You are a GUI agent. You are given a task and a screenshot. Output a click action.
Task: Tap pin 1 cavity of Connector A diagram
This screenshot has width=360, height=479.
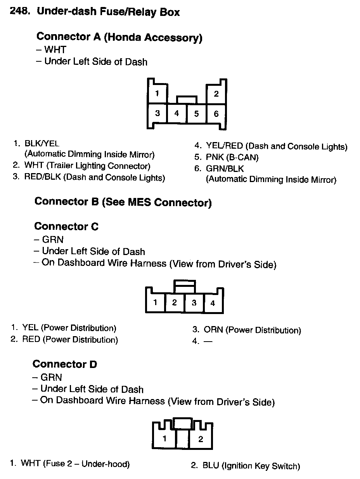point(157,94)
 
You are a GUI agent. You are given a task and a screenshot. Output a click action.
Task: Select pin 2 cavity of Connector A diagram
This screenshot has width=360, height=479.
point(216,94)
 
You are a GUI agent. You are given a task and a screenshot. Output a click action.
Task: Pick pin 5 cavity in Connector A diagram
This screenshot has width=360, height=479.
point(196,114)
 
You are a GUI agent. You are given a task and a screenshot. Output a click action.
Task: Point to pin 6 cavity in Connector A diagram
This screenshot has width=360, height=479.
point(216,114)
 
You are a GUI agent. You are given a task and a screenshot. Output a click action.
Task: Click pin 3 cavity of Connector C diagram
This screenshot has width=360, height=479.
point(194,303)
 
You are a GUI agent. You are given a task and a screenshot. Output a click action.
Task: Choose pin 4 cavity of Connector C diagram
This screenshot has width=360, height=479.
point(213,303)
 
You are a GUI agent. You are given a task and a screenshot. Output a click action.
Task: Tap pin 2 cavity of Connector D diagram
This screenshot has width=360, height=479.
point(201,439)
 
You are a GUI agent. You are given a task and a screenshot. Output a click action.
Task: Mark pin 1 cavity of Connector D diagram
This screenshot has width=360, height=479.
point(164,439)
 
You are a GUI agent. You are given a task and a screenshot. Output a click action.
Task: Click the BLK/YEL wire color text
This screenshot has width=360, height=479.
point(42,143)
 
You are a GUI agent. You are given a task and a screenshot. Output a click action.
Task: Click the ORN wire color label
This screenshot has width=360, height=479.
point(213,330)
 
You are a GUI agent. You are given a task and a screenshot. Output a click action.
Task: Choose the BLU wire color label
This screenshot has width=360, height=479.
point(211,466)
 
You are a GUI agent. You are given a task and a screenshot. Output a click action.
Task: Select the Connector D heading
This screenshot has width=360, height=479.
point(65,364)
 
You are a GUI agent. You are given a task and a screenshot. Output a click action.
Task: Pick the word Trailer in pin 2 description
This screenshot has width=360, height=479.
point(62,166)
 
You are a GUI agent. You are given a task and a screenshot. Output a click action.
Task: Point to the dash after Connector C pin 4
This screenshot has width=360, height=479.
point(208,342)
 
